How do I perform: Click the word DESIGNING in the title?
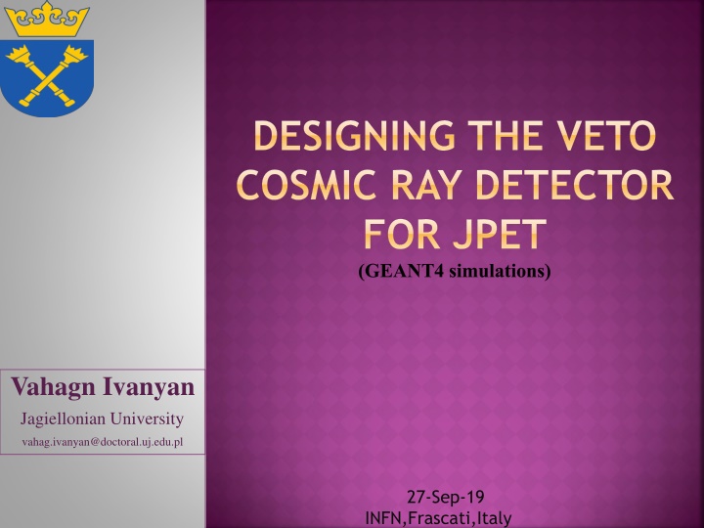coord(354,135)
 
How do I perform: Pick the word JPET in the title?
coord(500,234)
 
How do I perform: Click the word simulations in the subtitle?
coord(500,271)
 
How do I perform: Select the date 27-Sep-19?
coord(446,497)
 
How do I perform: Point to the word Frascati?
coord(441,518)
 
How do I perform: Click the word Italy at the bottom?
coord(495,518)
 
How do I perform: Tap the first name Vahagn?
coord(53,387)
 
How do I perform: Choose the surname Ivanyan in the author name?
coord(149,387)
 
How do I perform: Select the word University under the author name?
coord(148,419)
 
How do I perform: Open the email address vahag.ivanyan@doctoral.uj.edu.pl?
coord(103,442)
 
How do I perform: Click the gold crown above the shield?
coord(47,19)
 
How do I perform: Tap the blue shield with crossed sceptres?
coord(47,77)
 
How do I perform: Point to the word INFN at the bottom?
coord(385,518)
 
